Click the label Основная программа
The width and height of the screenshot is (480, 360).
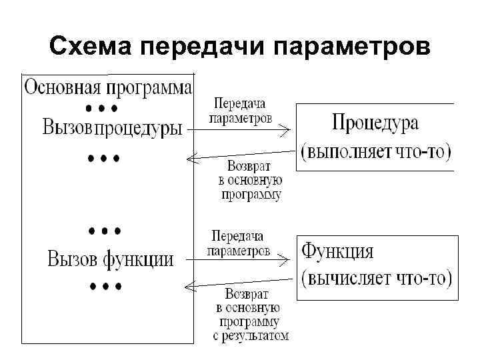point(109,87)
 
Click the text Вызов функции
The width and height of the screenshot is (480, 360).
point(110,259)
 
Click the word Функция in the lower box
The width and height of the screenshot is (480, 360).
point(338,252)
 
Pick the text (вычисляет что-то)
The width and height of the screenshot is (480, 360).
point(377,278)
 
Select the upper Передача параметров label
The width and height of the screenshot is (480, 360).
point(240,111)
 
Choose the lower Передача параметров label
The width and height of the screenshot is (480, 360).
point(239,243)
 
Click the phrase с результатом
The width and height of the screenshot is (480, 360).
point(251,336)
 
